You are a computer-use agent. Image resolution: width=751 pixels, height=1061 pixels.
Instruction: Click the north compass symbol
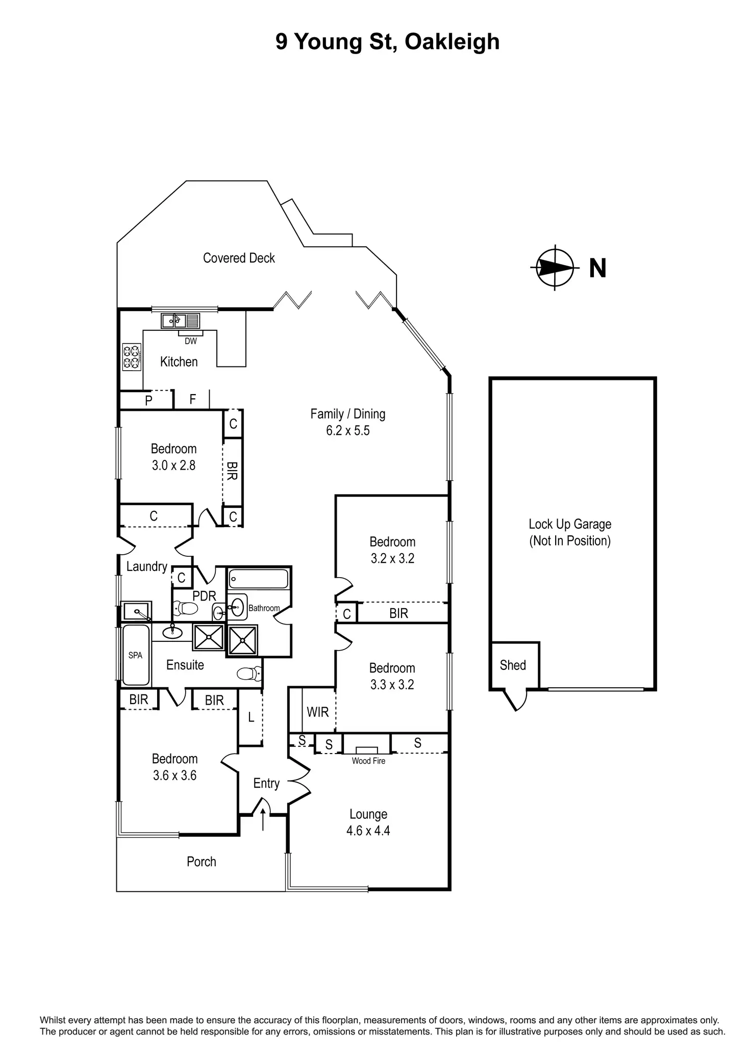pos(555,268)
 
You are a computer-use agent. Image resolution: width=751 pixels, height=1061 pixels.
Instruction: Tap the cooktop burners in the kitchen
pos(132,357)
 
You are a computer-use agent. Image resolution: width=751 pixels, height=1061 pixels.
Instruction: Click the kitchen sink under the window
pos(174,321)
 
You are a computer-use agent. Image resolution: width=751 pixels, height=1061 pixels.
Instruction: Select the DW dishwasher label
pos(190,341)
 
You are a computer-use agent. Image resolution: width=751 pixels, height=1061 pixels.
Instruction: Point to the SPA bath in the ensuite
pos(135,655)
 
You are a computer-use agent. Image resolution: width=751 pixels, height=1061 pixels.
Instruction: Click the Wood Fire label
pos(368,761)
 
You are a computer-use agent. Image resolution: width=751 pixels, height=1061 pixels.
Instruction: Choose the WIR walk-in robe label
pos(317,712)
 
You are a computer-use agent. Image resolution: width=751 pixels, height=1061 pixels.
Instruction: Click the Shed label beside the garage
pos(513,665)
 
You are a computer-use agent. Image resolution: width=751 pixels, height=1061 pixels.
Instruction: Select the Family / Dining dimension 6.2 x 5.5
pos(348,431)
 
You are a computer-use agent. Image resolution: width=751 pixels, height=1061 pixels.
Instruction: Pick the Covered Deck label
pos(239,258)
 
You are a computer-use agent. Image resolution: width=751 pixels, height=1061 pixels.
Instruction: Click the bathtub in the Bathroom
pos(259,579)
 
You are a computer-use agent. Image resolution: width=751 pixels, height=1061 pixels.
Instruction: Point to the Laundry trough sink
pos(136,610)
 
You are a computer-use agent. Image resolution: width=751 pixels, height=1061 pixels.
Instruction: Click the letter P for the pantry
pos(148,400)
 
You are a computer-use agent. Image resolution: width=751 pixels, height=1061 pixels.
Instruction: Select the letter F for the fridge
pos(192,399)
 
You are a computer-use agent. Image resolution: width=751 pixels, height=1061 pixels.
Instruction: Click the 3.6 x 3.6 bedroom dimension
pos(174,775)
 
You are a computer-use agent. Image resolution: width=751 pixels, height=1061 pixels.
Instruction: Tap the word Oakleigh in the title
pos(452,42)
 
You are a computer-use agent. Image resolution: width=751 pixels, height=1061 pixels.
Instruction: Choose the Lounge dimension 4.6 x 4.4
pos(368,831)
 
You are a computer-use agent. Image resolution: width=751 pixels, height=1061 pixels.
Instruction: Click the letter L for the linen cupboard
pos(251,717)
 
